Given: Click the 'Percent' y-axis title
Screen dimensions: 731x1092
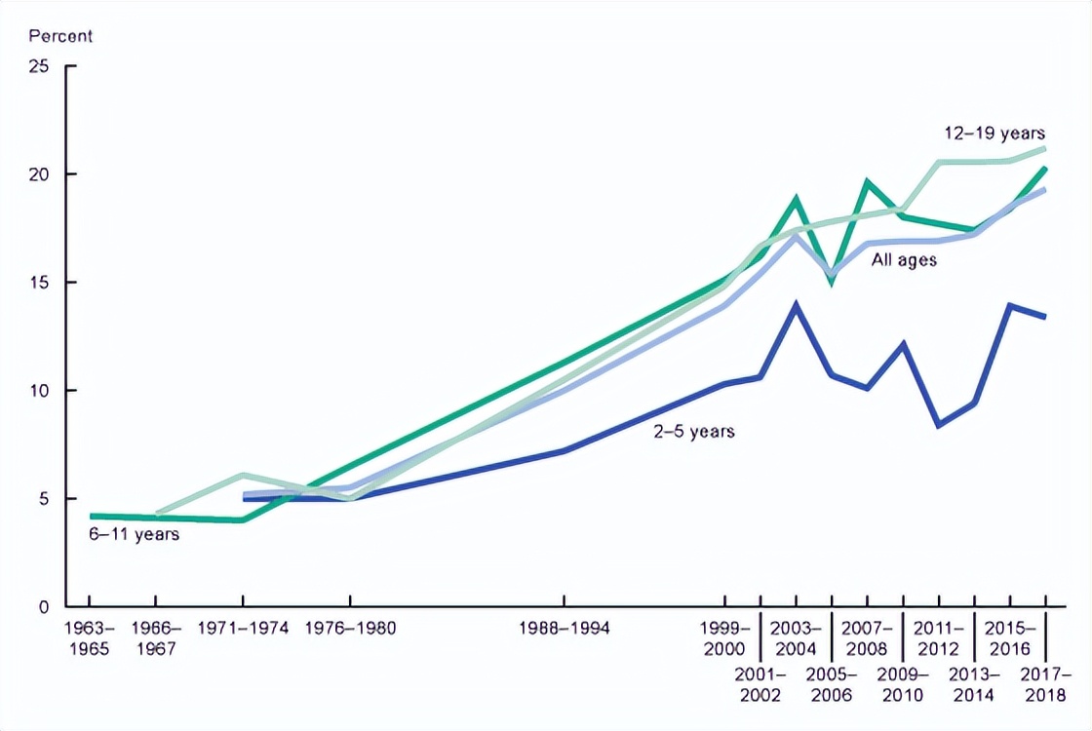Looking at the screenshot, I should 60,37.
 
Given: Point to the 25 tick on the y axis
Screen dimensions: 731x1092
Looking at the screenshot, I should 39,66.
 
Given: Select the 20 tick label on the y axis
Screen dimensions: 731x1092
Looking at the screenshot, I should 39,174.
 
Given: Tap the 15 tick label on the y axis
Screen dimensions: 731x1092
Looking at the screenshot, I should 39,283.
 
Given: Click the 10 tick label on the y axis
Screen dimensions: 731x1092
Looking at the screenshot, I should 39,391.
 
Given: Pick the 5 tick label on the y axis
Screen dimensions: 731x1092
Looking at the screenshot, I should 44,499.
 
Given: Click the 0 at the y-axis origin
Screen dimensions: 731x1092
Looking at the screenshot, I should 44,607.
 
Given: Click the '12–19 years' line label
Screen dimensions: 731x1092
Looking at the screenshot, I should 994,133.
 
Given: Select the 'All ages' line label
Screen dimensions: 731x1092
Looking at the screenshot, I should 904,260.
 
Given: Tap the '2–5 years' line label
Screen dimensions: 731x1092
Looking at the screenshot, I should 693,430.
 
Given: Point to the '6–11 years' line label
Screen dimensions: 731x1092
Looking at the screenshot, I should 134,534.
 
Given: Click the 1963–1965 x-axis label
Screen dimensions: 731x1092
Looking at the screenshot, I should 89,638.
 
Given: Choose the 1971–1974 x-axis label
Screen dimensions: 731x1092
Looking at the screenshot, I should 242,629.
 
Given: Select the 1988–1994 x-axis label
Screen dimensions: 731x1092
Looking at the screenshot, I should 564,629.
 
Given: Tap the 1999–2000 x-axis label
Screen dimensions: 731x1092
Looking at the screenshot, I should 724,638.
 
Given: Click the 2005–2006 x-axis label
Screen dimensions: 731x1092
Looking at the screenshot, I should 831,684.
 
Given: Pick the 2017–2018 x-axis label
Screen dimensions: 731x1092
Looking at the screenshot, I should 1045,684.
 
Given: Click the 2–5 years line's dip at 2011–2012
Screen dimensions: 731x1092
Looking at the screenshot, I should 938,426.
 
